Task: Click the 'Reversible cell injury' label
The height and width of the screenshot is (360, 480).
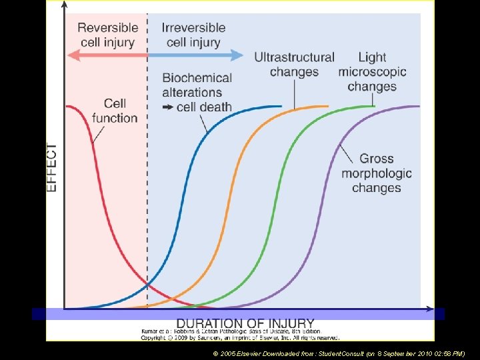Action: tap(107, 35)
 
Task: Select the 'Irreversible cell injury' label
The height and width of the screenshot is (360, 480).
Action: tap(193, 35)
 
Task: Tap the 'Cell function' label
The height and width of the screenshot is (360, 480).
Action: tap(115, 111)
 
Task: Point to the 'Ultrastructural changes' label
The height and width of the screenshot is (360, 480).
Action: tap(294, 64)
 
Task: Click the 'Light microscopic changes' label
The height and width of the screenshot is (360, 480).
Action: tap(372, 72)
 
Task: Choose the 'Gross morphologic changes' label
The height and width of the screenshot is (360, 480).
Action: tap(377, 173)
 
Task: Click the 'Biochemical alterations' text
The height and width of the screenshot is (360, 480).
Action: tap(197, 85)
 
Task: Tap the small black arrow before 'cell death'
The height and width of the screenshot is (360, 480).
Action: tap(167, 107)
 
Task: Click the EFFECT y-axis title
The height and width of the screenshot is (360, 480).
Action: tap(52, 167)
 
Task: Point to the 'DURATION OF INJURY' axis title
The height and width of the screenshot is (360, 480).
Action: tap(245, 324)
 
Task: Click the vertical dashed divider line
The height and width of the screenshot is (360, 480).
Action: tap(147, 200)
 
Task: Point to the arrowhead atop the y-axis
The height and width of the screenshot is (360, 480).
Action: tap(64, 6)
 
